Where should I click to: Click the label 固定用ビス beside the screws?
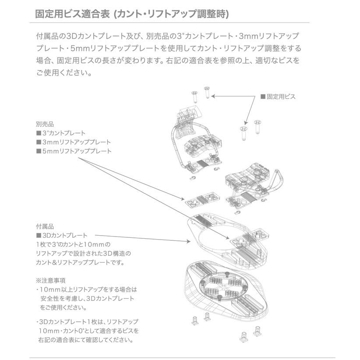(280, 96)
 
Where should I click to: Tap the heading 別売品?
(45, 124)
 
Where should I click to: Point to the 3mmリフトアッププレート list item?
(73, 142)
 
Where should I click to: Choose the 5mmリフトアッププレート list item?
(73, 152)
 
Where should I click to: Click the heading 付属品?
(45, 227)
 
